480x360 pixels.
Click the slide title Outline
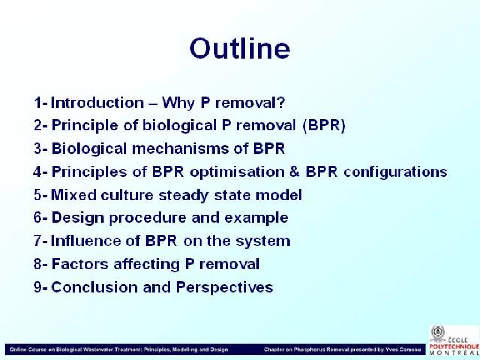[240, 48]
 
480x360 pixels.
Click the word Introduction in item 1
[97, 102]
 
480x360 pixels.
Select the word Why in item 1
[178, 103]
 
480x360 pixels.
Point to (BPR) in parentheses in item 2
[323, 125]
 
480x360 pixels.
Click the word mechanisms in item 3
[180, 149]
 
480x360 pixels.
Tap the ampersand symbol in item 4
[294, 172]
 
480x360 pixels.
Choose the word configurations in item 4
[395, 172]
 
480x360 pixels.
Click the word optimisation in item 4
[237, 172]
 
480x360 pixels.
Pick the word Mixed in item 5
[74, 195]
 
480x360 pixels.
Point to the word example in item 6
[256, 218]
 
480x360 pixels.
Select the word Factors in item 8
[80, 264]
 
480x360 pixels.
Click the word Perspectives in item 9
[225, 287]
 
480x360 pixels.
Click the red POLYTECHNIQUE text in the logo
[454, 346]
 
